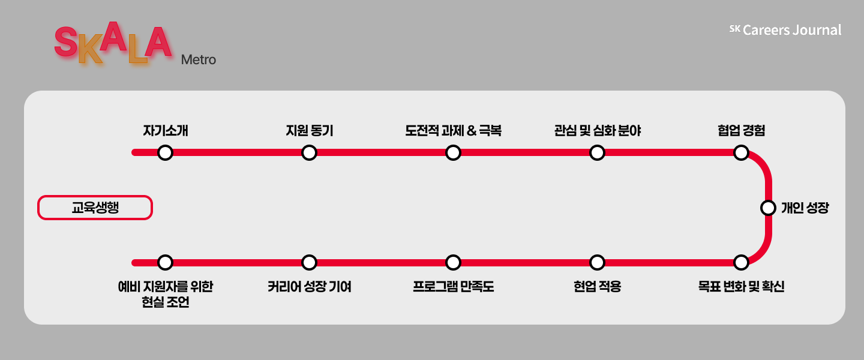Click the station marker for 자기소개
(x=165, y=152)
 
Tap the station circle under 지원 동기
(x=309, y=152)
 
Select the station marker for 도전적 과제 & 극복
(x=453, y=152)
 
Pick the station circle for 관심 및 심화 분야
(x=597, y=152)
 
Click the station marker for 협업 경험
(x=741, y=152)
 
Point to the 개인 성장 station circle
(x=768, y=208)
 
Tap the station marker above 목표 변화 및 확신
(x=741, y=262)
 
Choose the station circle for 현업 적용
(x=597, y=262)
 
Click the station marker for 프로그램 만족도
(x=453, y=262)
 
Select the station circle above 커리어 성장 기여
(x=309, y=262)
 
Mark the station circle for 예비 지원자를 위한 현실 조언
(x=165, y=262)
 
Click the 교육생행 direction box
(x=95, y=208)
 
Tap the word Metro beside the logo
(x=198, y=60)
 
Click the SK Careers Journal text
(x=785, y=30)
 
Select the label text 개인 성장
(x=805, y=208)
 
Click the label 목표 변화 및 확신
(x=741, y=287)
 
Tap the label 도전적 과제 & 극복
(x=453, y=130)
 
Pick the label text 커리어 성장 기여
(x=309, y=287)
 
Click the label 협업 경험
(x=741, y=130)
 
